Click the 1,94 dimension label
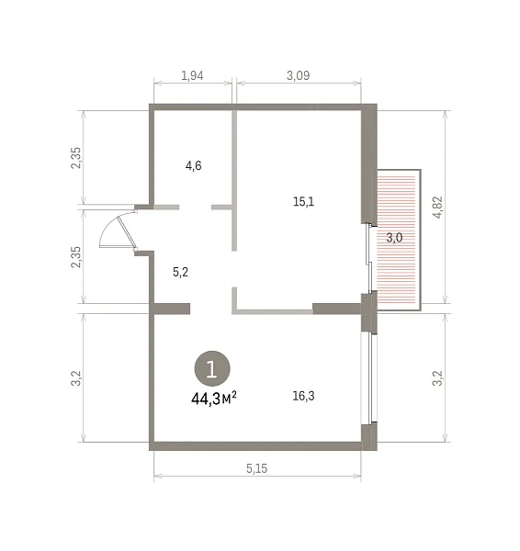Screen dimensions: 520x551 [x=192, y=75]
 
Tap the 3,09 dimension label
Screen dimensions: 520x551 [x=299, y=75]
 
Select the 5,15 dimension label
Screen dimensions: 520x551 [x=256, y=468]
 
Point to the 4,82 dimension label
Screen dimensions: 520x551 [x=438, y=208]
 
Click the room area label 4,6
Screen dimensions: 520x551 [x=193, y=165]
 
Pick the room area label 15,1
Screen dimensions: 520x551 [x=303, y=202]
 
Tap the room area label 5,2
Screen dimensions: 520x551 [x=180, y=272]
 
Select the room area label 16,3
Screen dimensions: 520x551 [x=303, y=396]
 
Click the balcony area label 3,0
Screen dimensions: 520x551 [x=394, y=238]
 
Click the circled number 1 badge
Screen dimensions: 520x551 [x=212, y=368]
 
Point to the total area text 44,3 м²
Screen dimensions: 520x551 [x=214, y=399]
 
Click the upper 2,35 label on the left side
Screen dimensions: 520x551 [x=76, y=158]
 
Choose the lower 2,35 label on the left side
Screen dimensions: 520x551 [x=76, y=257]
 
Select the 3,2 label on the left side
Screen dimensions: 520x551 [x=76, y=378]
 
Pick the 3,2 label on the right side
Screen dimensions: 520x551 [x=437, y=378]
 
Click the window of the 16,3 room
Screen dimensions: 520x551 [x=369, y=377]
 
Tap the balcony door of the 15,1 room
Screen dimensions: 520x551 [x=369, y=258]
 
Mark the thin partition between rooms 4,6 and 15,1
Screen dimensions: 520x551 [x=234, y=181]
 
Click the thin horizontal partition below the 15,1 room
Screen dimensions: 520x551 [x=273, y=311]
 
